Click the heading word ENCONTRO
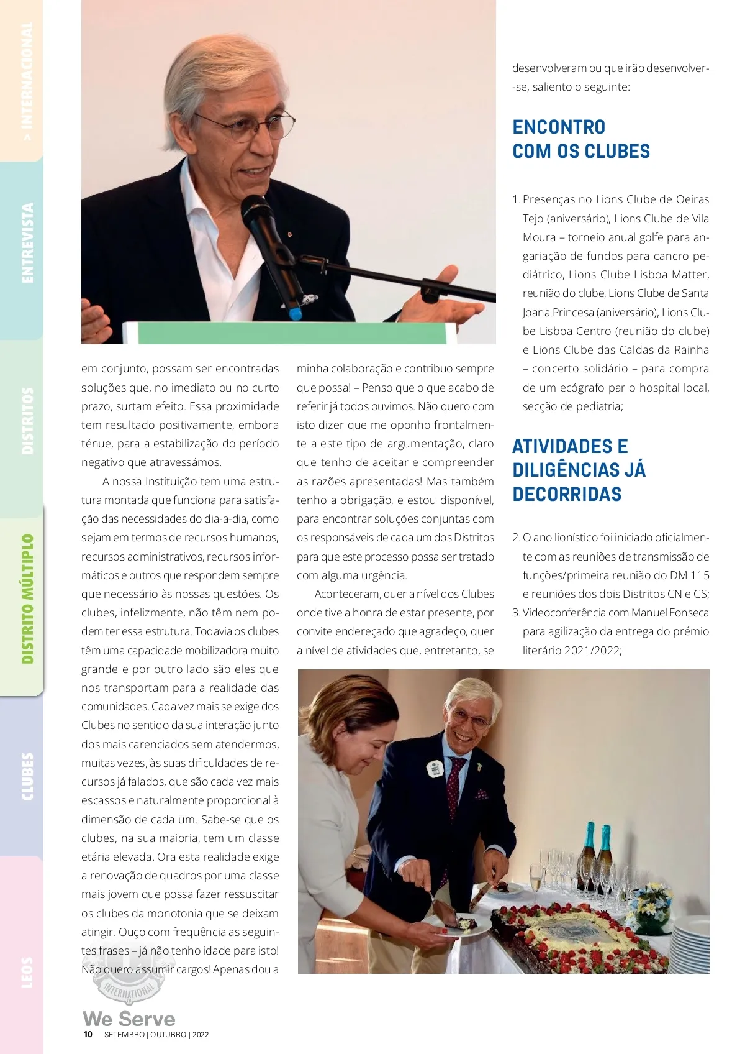coord(559,127)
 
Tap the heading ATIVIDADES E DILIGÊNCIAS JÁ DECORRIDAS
coord(579,470)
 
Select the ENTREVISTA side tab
coord(27,243)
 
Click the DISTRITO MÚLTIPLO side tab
coord(27,598)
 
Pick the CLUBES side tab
coord(27,776)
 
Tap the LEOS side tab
coord(27,972)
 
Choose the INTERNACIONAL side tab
coord(27,81)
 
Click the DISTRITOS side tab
coord(27,421)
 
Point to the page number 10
coord(88,1034)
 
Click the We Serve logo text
coord(129,1019)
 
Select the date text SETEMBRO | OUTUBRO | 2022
coord(156,1035)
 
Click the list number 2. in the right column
coord(516,538)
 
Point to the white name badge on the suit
coord(435,769)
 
